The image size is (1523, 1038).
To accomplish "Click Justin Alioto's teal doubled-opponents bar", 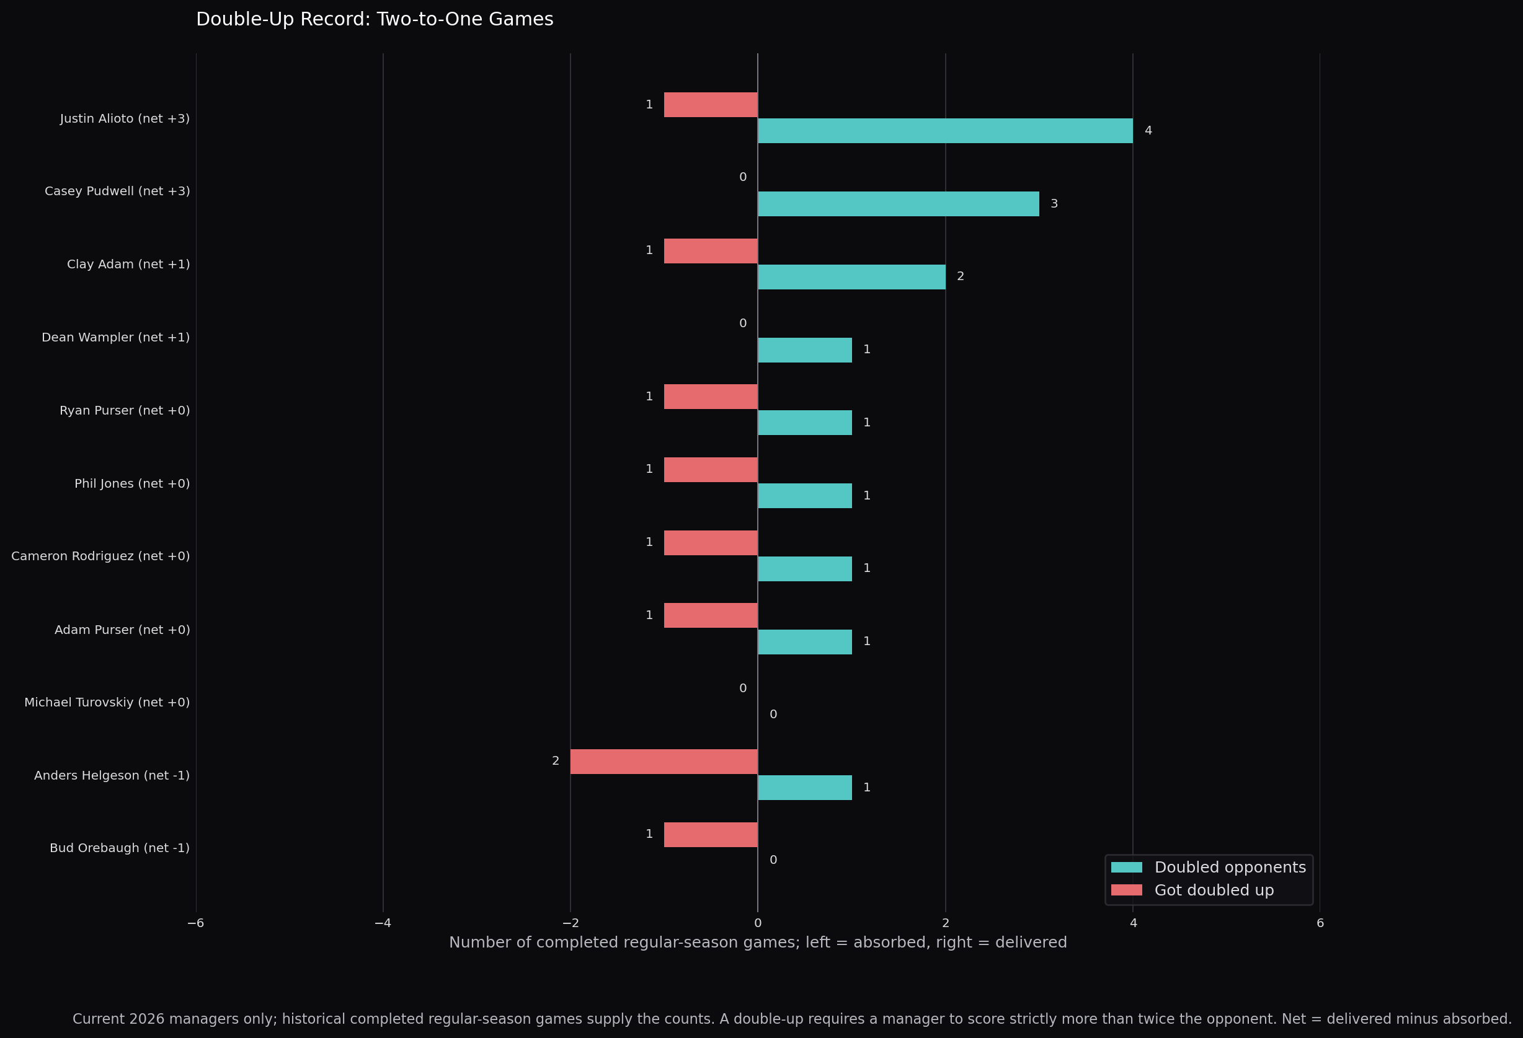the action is click(945, 131).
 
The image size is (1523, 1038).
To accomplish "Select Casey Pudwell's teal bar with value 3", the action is click(899, 204).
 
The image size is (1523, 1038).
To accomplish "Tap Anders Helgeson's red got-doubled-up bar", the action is click(664, 762).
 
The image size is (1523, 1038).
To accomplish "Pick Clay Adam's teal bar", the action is click(852, 277).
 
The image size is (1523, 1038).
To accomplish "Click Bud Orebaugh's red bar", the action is click(711, 835).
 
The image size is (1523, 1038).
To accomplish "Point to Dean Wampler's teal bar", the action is click(805, 350).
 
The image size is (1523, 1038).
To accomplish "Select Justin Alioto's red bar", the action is click(711, 105).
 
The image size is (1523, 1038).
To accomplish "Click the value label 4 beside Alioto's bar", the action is click(1148, 131).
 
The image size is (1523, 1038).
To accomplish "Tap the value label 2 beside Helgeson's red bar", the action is click(556, 761).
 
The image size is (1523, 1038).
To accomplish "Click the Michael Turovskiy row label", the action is click(107, 703).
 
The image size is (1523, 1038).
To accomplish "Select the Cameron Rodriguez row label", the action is click(100, 556).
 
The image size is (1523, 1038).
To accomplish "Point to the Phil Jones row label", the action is click(131, 484).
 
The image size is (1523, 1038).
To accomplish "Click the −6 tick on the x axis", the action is click(196, 923).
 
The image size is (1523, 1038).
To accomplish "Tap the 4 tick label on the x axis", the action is click(1133, 923).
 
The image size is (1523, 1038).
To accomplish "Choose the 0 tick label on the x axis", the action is click(758, 923).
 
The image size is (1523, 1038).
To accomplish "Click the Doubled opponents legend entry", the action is click(1209, 868).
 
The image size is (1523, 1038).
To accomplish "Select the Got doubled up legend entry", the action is click(1192, 891).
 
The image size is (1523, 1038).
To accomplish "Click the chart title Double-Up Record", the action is click(375, 20).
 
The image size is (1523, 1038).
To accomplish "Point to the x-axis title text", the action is click(758, 943).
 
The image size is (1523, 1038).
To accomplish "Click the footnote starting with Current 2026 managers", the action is click(793, 1019).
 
